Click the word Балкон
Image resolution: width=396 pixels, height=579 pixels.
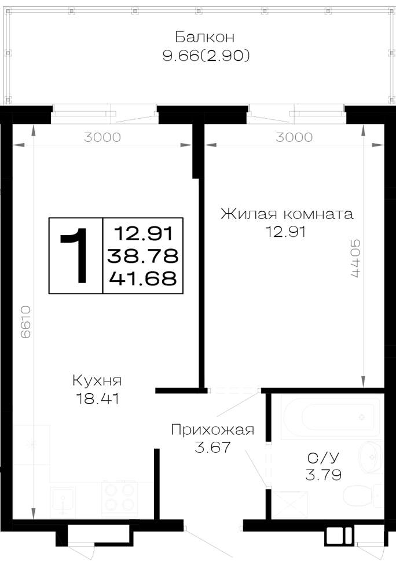[x=204, y=37]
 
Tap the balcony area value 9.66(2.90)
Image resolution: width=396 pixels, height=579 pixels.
[x=206, y=56]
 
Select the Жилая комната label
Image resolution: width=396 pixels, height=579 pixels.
[x=287, y=214]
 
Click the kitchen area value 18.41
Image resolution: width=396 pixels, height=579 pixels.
[x=97, y=399]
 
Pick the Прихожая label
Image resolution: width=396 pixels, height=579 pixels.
[x=212, y=430]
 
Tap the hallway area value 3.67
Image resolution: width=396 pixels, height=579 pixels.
[x=212, y=447]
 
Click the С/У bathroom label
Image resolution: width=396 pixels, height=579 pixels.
[x=323, y=458]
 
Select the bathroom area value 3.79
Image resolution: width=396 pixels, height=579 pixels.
[x=323, y=475]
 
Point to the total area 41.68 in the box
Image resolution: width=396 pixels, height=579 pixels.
[x=143, y=278]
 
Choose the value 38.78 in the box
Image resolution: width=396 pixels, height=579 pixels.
[x=143, y=256]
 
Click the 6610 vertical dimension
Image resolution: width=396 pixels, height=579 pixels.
[x=25, y=322]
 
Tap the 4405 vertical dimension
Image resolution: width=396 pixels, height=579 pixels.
[x=355, y=258]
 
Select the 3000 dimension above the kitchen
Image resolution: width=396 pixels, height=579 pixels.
[x=102, y=137]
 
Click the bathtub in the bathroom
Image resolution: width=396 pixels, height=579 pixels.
[x=331, y=417]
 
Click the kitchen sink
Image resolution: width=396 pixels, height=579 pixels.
[x=63, y=501]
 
